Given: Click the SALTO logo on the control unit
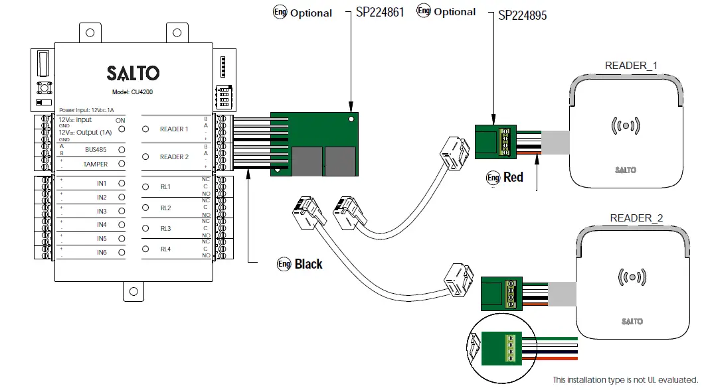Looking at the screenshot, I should click(x=133, y=72).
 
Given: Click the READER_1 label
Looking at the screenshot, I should click(x=631, y=66).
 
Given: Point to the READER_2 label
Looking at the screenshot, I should click(x=636, y=218).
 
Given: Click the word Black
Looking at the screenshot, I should click(x=308, y=264).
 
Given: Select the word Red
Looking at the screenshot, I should click(x=513, y=177).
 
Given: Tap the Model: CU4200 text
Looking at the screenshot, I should click(x=133, y=92).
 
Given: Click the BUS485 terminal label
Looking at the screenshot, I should click(x=96, y=150).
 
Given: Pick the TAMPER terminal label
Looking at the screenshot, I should click(x=96, y=164).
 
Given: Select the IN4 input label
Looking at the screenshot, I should click(x=102, y=225).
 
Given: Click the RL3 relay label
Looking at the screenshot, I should click(x=165, y=229).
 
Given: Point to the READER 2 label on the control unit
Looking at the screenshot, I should click(x=174, y=157).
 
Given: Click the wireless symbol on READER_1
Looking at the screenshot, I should click(x=625, y=125).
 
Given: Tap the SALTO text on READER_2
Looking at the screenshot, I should click(x=632, y=322).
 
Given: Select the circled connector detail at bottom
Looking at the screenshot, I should click(x=499, y=348).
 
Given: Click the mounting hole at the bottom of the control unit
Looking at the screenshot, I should click(x=133, y=291).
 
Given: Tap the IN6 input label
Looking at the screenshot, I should click(x=102, y=253).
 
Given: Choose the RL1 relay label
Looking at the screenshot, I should click(x=165, y=187).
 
